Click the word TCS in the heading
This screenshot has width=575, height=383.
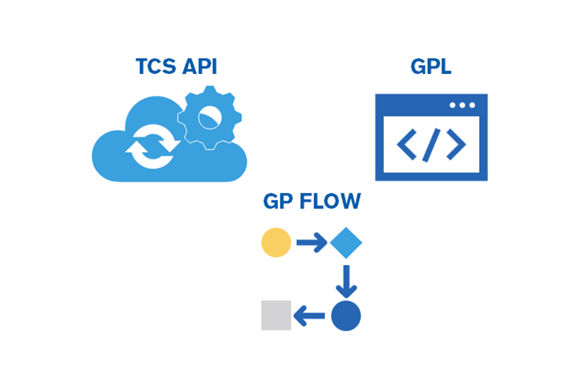coord(157,66)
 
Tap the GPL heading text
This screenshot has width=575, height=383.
coord(431,66)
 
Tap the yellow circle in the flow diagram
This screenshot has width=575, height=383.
coord(276,243)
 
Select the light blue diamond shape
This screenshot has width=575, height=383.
coord(346,243)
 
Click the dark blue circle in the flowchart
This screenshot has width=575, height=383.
coord(346,315)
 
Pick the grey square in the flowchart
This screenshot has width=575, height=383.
coord(276,315)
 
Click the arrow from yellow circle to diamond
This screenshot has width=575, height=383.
coord(312,243)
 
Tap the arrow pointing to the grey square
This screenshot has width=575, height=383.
coord(310,315)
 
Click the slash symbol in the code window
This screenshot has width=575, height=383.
coord(431,146)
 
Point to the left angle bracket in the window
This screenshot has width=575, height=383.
coord(407,146)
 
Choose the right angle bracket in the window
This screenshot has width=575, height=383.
coord(456,146)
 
